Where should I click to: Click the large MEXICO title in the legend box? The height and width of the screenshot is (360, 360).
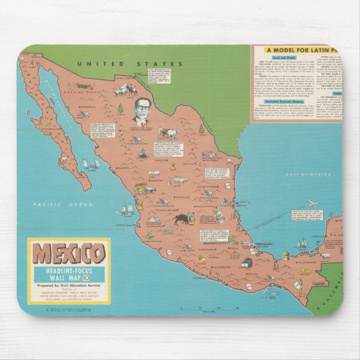click(68, 253)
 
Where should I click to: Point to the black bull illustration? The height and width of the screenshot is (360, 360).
click(181, 219)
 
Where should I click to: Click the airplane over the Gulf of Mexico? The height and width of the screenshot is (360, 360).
click(311, 203)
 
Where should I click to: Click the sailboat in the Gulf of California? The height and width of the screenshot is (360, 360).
click(92, 163)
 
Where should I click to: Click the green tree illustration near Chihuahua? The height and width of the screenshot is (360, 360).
click(120, 108)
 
